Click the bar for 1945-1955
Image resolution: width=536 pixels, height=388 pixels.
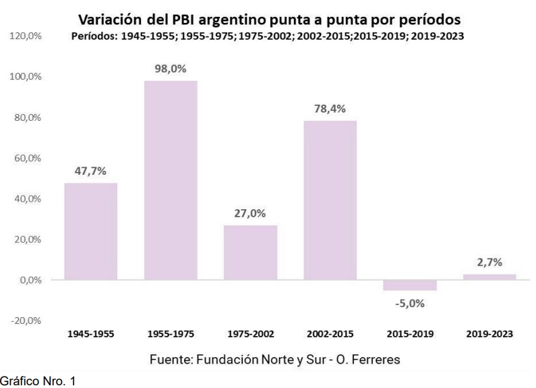point(90,231)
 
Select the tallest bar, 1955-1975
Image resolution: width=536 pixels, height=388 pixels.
point(171,180)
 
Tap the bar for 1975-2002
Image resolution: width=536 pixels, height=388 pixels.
point(251,252)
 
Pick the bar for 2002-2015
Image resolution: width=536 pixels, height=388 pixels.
point(330,200)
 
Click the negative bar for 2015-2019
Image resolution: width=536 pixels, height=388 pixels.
point(410,285)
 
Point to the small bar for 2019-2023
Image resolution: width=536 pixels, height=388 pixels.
point(489,277)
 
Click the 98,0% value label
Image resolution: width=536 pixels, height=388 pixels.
point(171,69)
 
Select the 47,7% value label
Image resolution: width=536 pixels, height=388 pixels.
point(90,171)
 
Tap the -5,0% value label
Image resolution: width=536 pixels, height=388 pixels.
point(410,303)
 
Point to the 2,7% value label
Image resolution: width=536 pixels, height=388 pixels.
point(489,262)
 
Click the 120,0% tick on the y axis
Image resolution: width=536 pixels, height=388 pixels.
point(27,36)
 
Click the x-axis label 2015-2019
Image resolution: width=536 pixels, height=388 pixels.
point(410,333)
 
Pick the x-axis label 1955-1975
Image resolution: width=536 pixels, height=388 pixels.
point(171,333)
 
